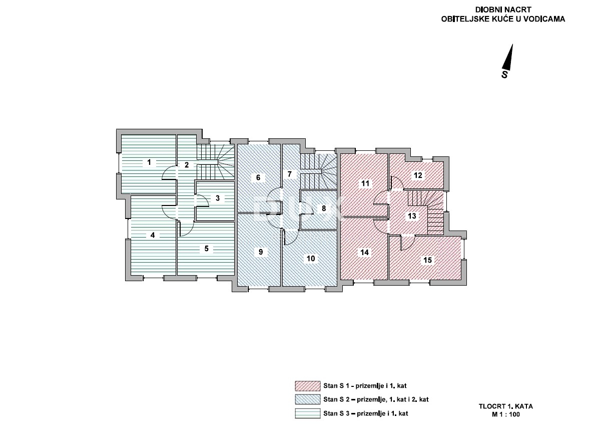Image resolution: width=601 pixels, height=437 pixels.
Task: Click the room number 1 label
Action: (149, 162)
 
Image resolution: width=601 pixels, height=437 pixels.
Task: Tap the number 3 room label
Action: (218, 198)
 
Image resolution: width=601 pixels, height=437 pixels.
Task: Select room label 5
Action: (206, 249)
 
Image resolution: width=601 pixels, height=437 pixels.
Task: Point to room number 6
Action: (258, 177)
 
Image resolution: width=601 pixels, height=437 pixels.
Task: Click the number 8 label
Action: (324, 208)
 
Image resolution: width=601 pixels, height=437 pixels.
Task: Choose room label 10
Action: (311, 259)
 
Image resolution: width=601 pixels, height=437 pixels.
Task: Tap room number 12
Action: (418, 175)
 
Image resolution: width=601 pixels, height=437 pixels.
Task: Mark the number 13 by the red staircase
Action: (412, 216)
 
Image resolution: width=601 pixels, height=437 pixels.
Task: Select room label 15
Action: (428, 260)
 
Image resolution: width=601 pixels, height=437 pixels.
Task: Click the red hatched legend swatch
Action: (308, 386)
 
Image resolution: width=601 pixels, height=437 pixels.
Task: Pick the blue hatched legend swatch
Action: (308, 399)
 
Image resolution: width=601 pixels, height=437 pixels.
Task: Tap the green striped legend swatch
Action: (308, 413)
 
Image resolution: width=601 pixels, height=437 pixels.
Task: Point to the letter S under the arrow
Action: (505, 75)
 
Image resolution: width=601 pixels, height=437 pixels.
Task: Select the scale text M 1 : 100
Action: (506, 414)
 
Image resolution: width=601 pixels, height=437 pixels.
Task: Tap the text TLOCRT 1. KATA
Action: (506, 406)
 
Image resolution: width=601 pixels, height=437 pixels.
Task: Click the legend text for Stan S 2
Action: (376, 399)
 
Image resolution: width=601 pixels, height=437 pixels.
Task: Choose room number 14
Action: (365, 253)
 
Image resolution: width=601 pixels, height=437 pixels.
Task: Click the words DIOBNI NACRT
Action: (503, 10)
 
